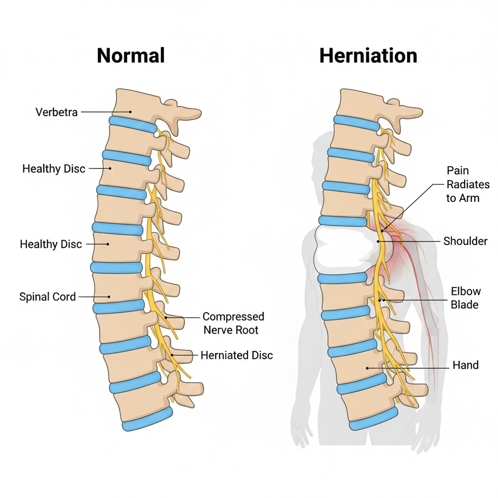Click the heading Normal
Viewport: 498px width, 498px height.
(x=131, y=55)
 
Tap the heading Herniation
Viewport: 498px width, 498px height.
(x=368, y=55)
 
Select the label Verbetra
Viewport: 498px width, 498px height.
(x=56, y=112)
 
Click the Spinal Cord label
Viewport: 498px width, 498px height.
(x=48, y=296)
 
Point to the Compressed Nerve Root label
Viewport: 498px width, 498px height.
(x=233, y=323)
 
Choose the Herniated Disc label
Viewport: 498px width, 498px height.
(x=237, y=356)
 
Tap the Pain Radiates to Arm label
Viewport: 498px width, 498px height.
(x=468, y=184)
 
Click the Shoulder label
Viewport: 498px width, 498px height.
(x=465, y=241)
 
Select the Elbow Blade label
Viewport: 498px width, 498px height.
(x=465, y=298)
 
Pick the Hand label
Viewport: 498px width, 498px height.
(x=465, y=365)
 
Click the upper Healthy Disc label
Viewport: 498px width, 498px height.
(x=54, y=169)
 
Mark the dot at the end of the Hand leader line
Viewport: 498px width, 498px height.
(x=367, y=368)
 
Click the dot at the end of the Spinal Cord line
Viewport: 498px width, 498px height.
(x=110, y=296)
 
